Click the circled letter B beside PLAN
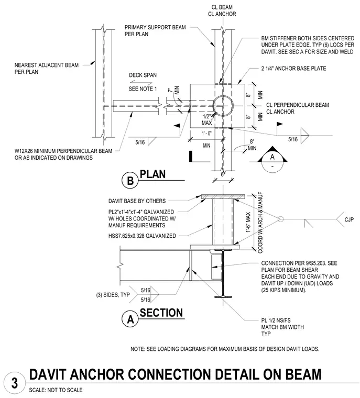click(130, 181)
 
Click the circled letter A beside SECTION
click(130, 319)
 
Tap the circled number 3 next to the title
click(15, 383)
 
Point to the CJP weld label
click(349, 219)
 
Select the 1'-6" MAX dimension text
click(248, 222)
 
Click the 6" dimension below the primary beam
click(223, 174)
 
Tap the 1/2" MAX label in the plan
click(207, 119)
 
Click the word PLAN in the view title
click(152, 174)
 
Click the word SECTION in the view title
click(161, 313)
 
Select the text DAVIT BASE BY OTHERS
click(137, 201)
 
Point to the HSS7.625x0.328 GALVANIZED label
click(142, 236)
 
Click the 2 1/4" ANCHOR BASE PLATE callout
click(293, 68)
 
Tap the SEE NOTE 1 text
click(143, 89)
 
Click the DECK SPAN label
click(143, 75)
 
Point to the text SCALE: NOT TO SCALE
click(56, 390)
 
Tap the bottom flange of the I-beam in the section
click(223, 296)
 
